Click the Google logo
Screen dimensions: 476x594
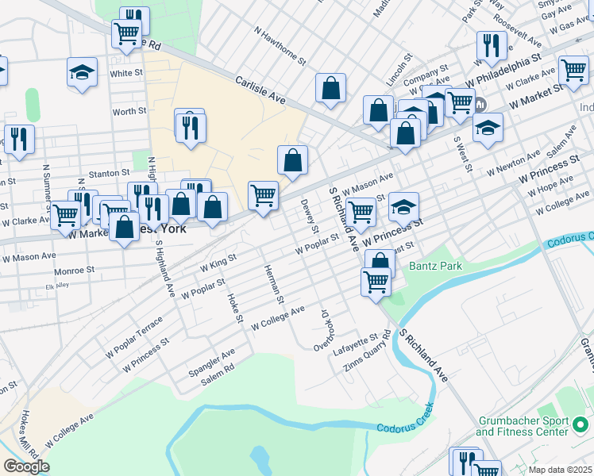pyautogui.click(x=26, y=466)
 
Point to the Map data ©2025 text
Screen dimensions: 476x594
pyautogui.click(x=561, y=470)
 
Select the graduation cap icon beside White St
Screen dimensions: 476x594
pyautogui.click(x=82, y=73)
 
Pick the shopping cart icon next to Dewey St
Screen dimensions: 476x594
pyautogui.click(x=263, y=194)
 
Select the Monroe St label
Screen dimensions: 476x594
pyautogui.click(x=75, y=270)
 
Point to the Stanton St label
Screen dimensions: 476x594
pyautogui.click(x=109, y=172)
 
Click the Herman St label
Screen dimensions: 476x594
pyautogui.click(x=274, y=285)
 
